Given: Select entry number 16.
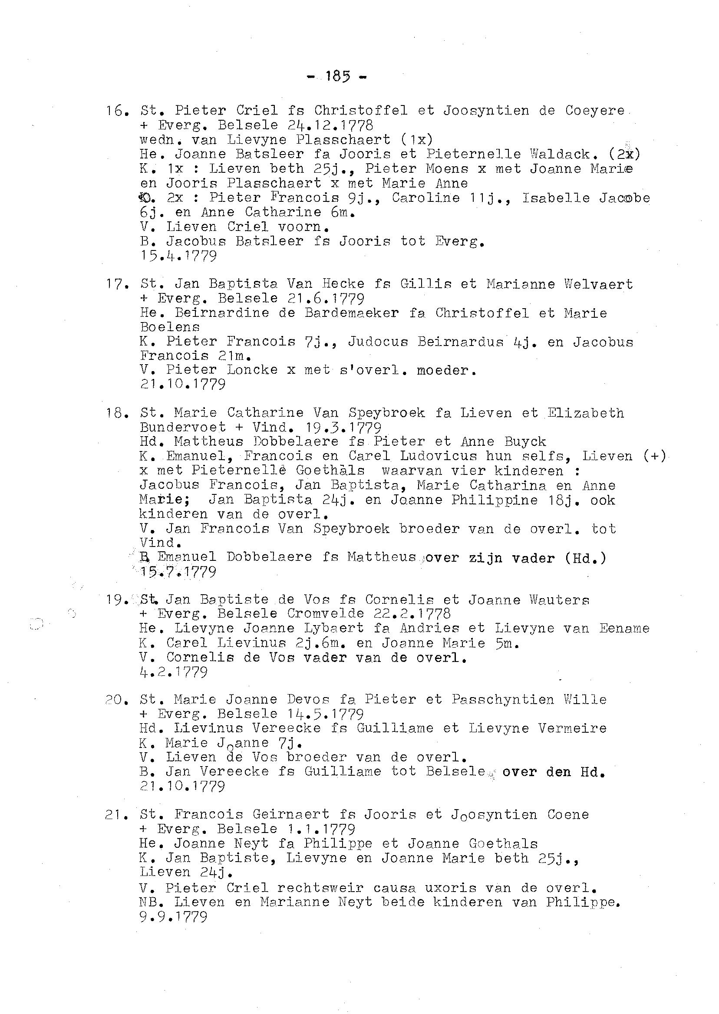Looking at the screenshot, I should coord(117,111).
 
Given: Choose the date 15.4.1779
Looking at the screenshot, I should coord(178,256).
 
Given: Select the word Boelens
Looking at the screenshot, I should coord(170,327).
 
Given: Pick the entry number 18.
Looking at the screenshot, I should coord(117,413).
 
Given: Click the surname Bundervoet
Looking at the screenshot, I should coord(182,428).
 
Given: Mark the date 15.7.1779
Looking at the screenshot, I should coord(178,572).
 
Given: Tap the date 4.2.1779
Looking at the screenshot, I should coord(173,672).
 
